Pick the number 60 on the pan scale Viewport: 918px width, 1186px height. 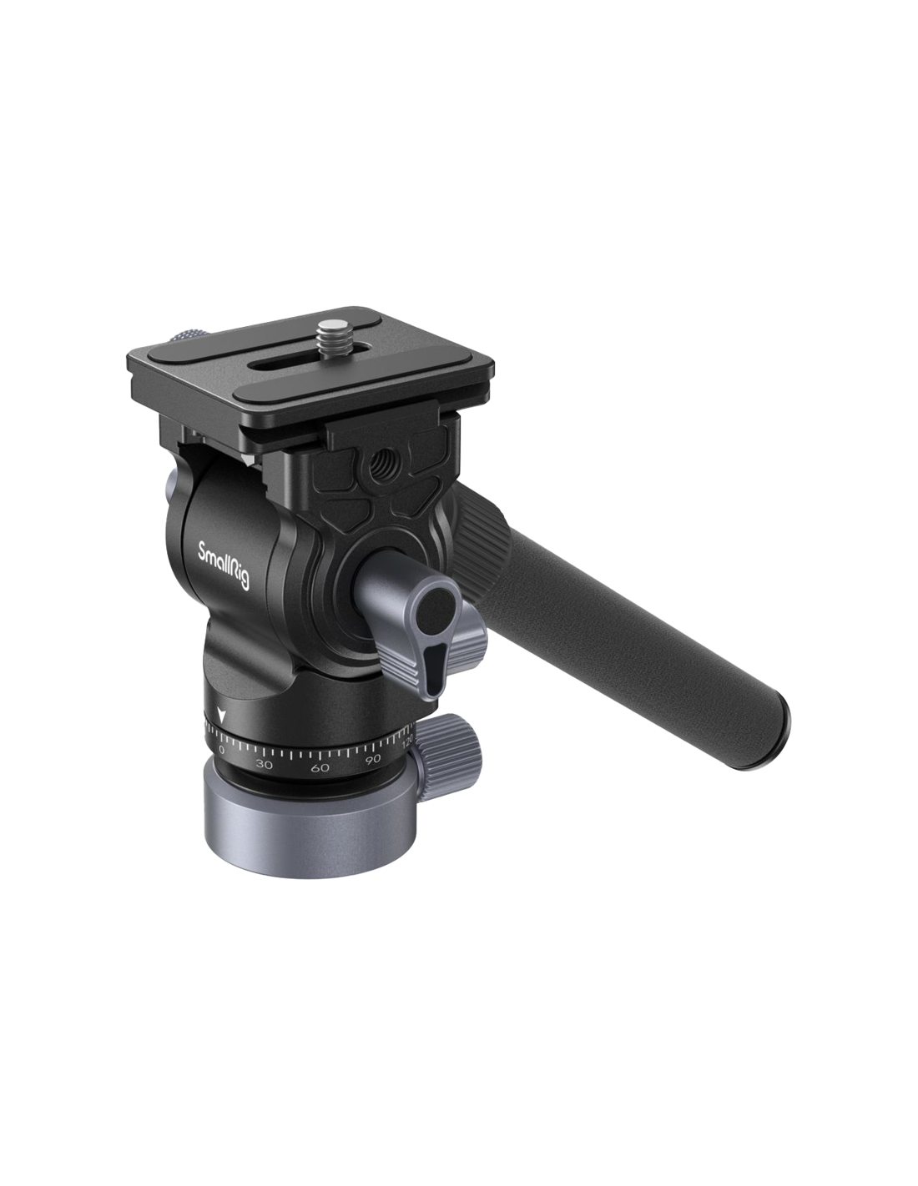point(320,767)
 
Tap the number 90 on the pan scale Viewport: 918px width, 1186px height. point(373,759)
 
